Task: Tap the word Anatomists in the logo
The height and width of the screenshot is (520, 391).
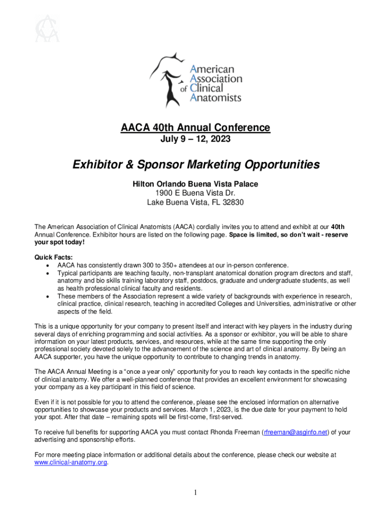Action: coord(215,97)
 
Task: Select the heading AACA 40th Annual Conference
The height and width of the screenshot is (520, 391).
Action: coord(195,127)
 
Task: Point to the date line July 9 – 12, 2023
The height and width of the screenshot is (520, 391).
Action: coord(195,138)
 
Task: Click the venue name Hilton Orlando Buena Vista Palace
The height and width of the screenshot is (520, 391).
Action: coord(195,184)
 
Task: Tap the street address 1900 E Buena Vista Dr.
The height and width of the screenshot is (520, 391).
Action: coord(195,193)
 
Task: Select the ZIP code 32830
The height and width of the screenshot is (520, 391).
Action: coord(233,202)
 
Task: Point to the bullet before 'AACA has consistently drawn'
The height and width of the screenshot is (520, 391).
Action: coord(47,265)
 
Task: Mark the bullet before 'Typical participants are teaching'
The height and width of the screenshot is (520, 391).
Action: coord(47,273)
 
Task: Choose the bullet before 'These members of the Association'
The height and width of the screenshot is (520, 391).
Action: coord(47,296)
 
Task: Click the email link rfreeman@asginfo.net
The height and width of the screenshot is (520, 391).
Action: coord(295,433)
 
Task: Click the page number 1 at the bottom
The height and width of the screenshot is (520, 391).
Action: coord(195,493)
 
